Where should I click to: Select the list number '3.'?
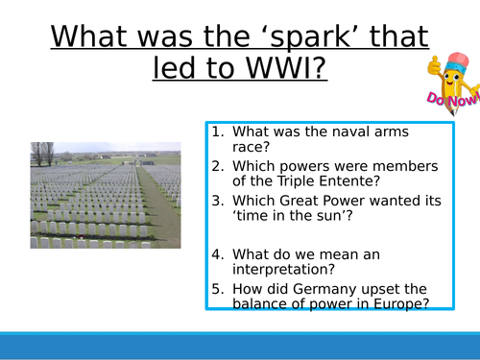[216, 203]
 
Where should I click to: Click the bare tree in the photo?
[43, 153]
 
